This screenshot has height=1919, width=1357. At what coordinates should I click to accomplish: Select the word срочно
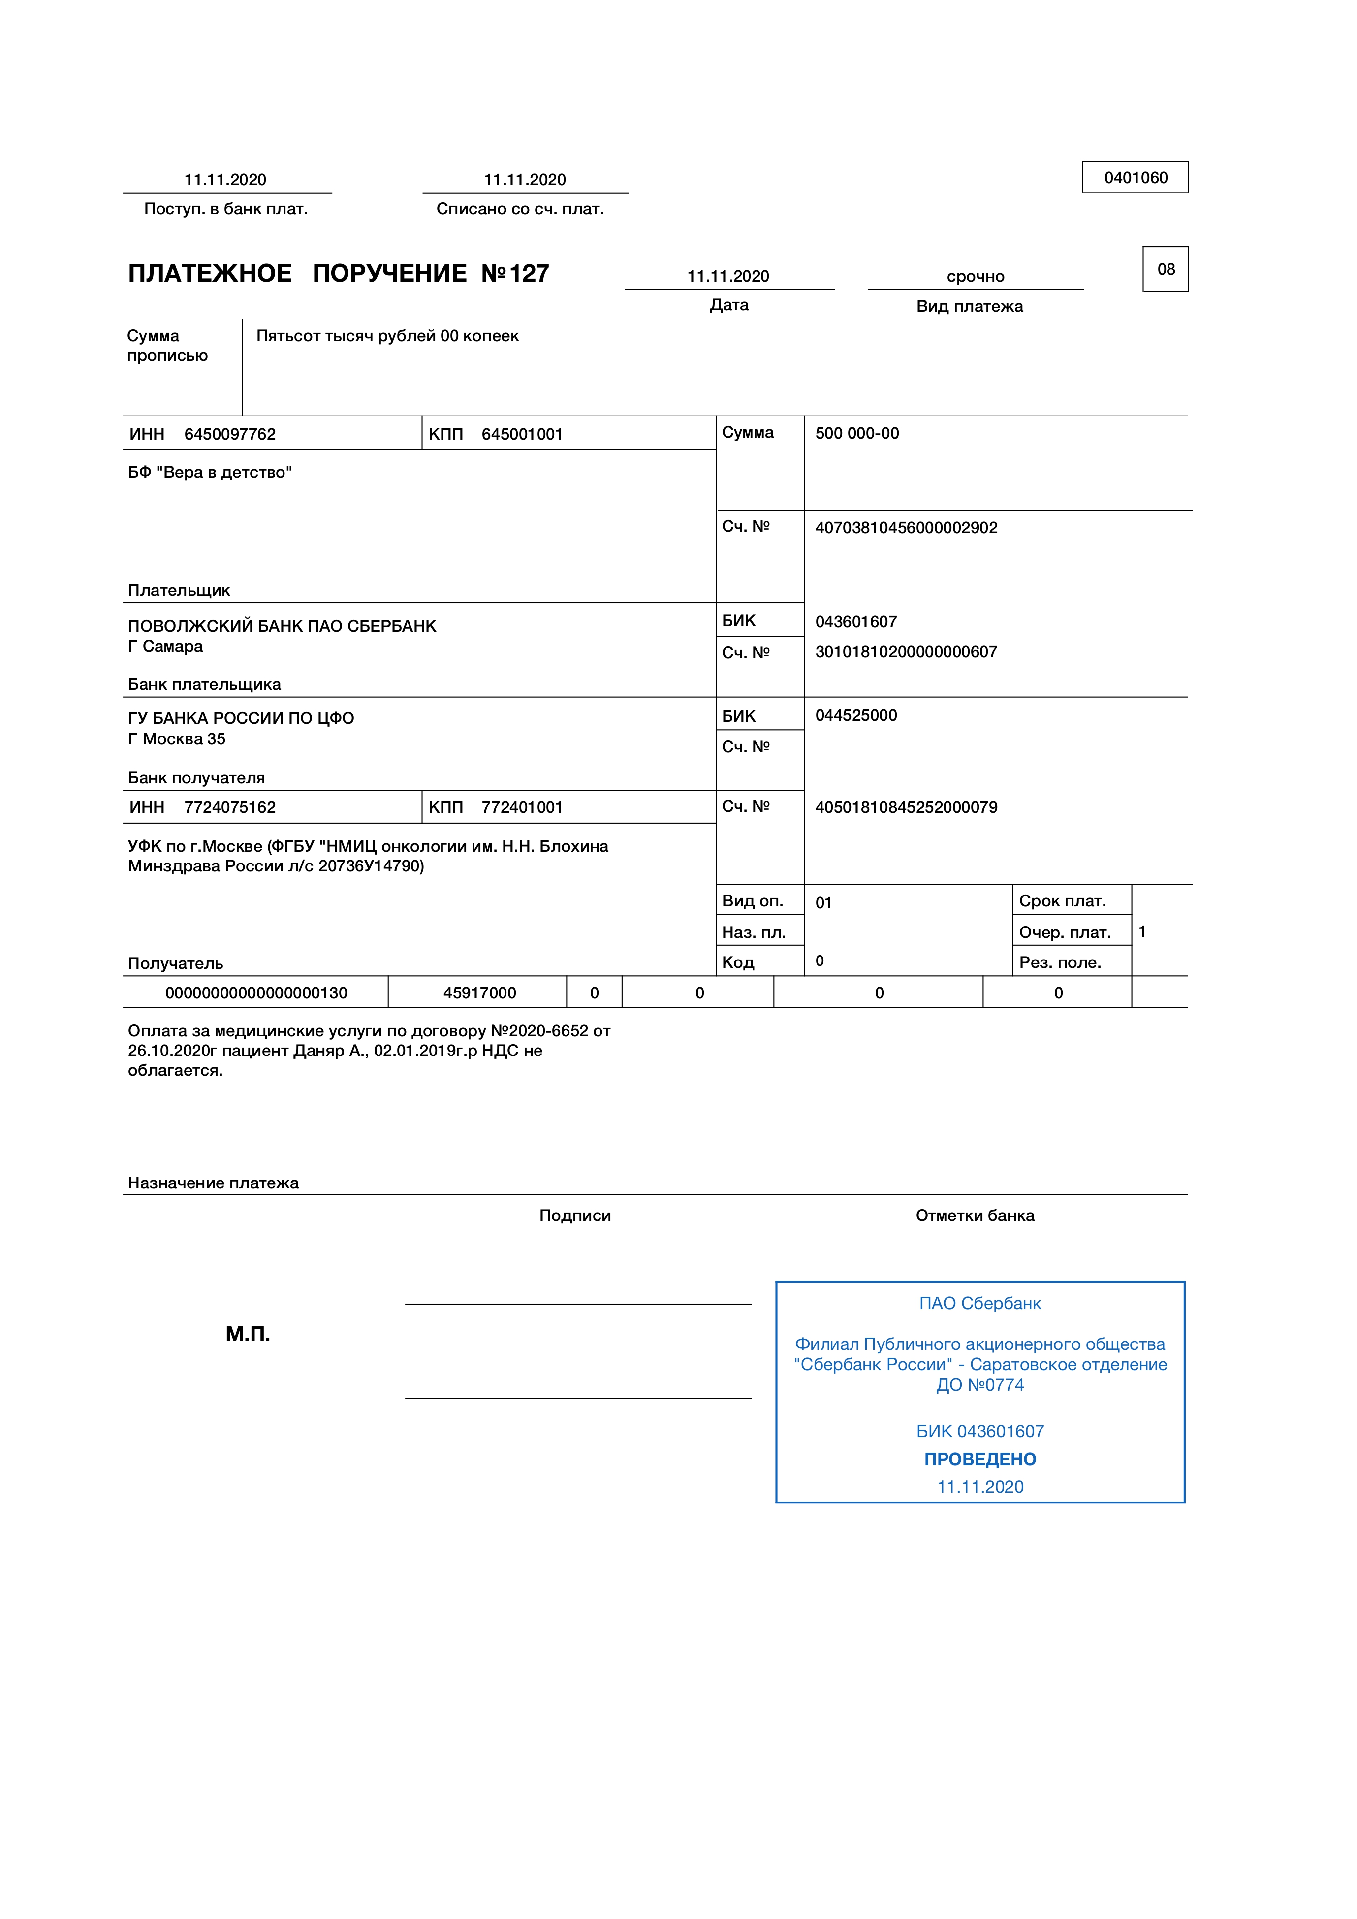tap(975, 277)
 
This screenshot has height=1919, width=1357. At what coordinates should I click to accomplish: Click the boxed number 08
tap(1166, 269)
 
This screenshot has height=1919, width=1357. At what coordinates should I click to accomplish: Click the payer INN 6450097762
tap(230, 434)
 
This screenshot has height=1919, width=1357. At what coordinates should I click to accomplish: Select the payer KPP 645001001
tap(522, 434)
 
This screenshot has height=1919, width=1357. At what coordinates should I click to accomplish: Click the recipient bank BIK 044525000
tap(855, 715)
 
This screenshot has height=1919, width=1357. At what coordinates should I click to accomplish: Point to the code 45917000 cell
tap(479, 993)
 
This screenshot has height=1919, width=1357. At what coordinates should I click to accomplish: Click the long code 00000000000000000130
tap(255, 993)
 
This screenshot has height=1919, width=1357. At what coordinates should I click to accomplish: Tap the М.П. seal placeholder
tap(248, 1333)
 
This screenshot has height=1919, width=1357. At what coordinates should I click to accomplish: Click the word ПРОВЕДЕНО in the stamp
tap(979, 1459)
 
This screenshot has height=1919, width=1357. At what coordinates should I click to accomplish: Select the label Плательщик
tap(179, 590)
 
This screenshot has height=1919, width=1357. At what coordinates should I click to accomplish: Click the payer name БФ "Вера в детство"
tap(210, 472)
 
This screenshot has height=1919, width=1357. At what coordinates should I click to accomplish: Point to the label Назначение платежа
tap(213, 1183)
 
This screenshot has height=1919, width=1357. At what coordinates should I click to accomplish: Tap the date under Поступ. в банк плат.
tap(225, 180)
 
